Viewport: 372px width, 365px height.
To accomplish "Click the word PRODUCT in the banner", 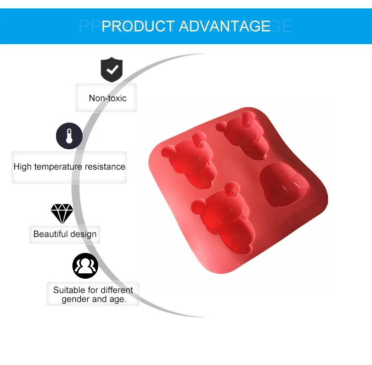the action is tap(138, 26).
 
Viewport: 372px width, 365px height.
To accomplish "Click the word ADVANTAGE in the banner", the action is tap(225, 26).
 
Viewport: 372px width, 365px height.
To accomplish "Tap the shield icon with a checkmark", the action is tap(112, 69).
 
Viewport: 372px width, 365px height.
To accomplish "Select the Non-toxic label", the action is tap(108, 98).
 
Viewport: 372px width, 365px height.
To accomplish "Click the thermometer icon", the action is tap(69, 136).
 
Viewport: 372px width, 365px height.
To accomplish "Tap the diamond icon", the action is tap(62, 213).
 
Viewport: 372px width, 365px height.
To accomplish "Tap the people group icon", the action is tap(85, 266).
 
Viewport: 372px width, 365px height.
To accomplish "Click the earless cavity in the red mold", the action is tap(284, 184).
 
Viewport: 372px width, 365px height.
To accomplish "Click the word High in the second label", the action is tap(22, 167).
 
